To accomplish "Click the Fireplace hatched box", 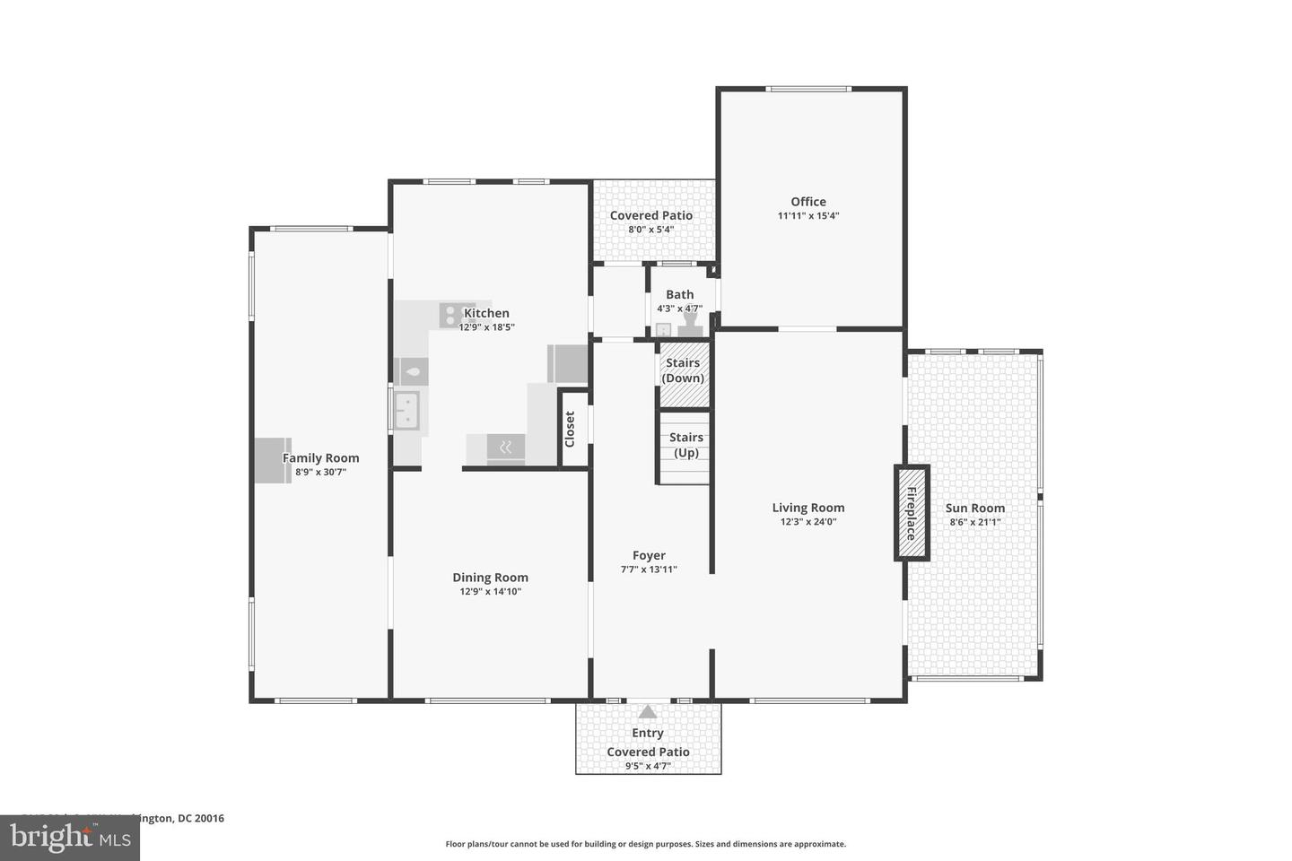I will pyautogui.click(x=911, y=513).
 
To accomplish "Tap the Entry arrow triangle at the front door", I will pyautogui.click(x=647, y=713).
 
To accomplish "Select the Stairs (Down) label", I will pyautogui.click(x=683, y=370).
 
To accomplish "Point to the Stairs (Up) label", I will pyautogui.click(x=685, y=445).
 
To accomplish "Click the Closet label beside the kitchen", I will pyautogui.click(x=570, y=430).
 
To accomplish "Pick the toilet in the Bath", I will pyautogui.click(x=691, y=321).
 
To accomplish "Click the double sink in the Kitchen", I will pyautogui.click(x=407, y=411).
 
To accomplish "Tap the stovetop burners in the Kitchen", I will pyautogui.click(x=450, y=315).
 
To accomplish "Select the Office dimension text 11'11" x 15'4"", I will pyautogui.click(x=807, y=216).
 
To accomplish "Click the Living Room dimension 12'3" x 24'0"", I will pyautogui.click(x=807, y=522).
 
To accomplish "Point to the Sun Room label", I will pyautogui.click(x=974, y=508).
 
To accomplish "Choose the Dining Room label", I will pyautogui.click(x=490, y=578).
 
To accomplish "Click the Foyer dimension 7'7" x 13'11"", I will pyautogui.click(x=649, y=570).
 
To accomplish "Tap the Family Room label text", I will pyautogui.click(x=320, y=458).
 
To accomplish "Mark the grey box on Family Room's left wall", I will pyautogui.click(x=272, y=460).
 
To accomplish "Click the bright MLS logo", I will pyautogui.click(x=69, y=838).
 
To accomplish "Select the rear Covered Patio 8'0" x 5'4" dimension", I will pyautogui.click(x=650, y=230).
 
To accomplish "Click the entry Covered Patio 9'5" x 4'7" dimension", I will pyautogui.click(x=648, y=766).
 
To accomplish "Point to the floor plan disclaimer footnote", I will pyautogui.click(x=645, y=844).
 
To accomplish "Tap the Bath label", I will pyautogui.click(x=679, y=294).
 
